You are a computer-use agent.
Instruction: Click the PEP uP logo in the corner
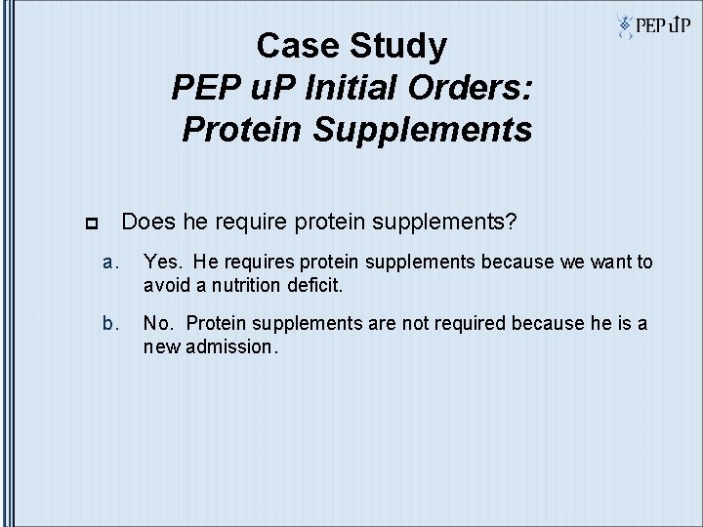(652, 26)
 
